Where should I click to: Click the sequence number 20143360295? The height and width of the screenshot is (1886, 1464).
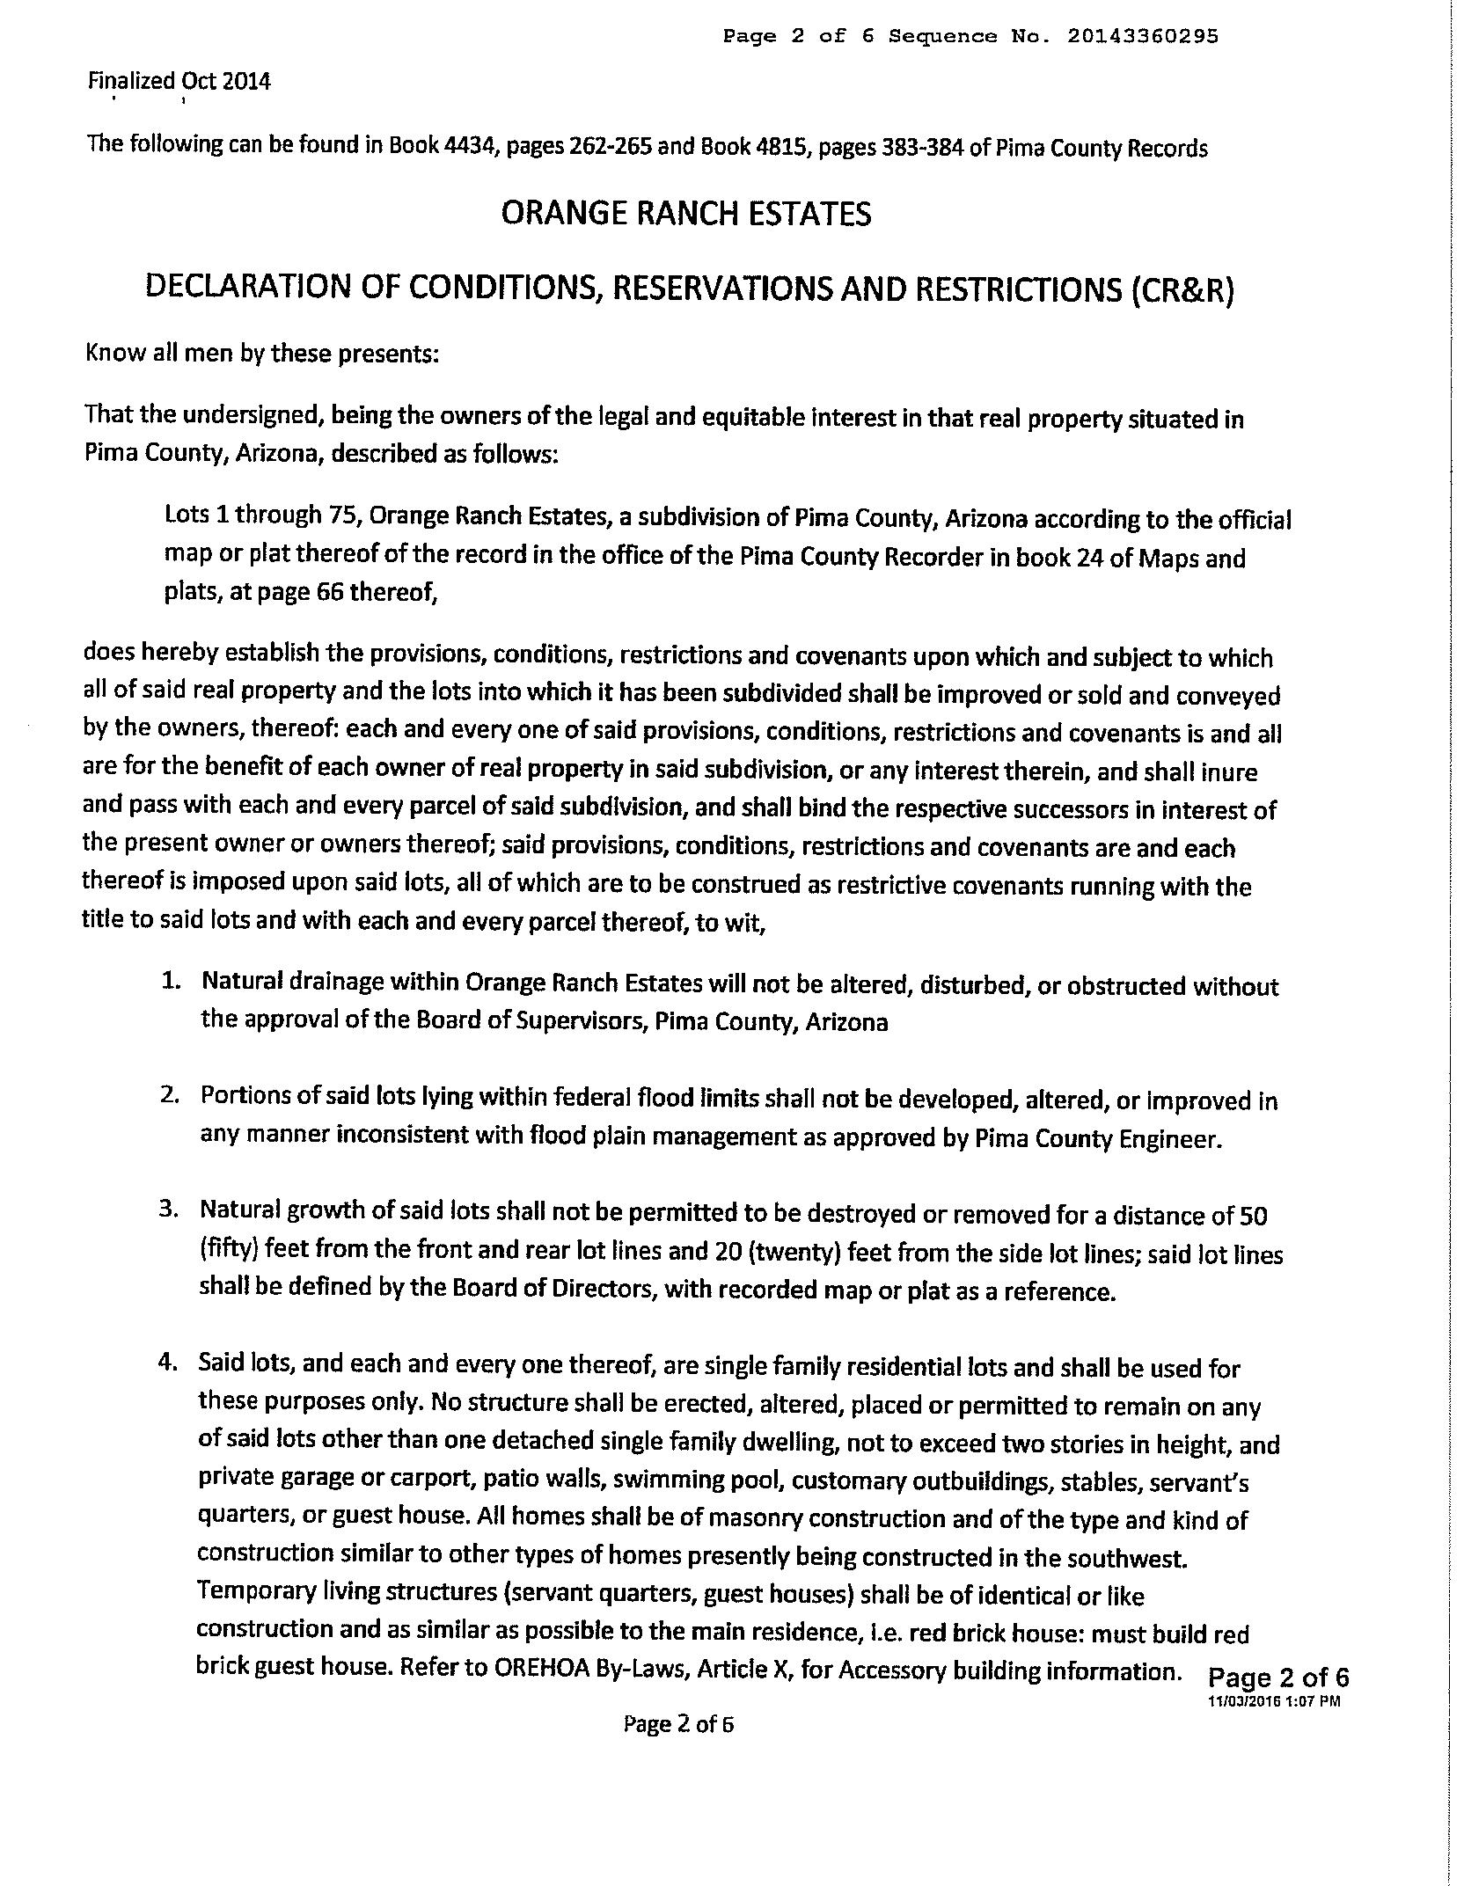click(1143, 36)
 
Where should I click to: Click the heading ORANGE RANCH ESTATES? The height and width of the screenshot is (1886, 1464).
click(686, 214)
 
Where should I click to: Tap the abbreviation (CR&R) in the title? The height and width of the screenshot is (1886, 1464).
click(1182, 289)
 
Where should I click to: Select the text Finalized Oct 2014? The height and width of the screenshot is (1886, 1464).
click(179, 82)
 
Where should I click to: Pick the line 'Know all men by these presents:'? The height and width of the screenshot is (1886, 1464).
click(261, 353)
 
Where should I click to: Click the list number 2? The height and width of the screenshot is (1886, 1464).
click(171, 1095)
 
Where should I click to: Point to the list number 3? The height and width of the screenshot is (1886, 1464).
click(170, 1210)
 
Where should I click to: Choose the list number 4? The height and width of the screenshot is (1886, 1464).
click(169, 1362)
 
